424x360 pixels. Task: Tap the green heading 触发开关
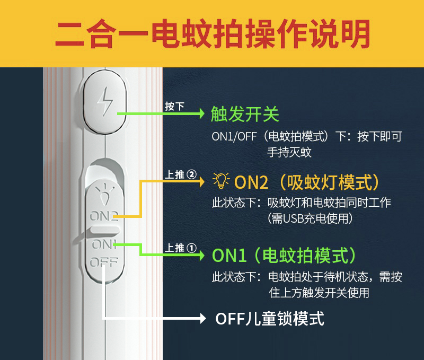(x=244, y=113)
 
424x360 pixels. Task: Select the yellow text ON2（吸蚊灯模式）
(x=307, y=182)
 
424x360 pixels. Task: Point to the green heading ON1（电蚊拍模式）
(x=284, y=255)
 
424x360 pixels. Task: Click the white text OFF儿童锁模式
(x=269, y=319)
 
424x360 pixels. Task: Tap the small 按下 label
(x=174, y=106)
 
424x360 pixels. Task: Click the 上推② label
(x=181, y=174)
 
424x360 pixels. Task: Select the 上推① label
(x=181, y=248)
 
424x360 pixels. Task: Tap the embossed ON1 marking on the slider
(x=104, y=244)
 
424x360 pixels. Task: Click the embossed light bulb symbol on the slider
(x=104, y=194)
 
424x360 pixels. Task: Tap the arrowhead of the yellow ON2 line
(x=201, y=181)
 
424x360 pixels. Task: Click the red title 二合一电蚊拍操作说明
(x=213, y=34)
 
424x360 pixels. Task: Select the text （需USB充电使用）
(x=310, y=218)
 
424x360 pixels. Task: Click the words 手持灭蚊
(x=289, y=152)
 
